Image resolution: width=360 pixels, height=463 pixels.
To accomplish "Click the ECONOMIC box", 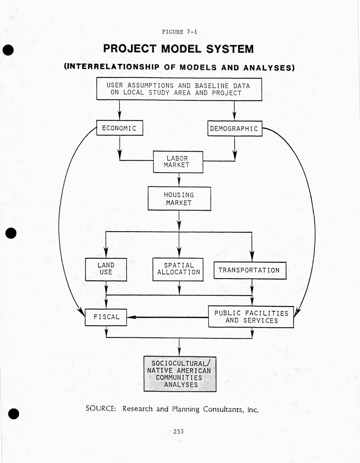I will [x=120, y=128].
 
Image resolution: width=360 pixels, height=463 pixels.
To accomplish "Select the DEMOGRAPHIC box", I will [x=234, y=129].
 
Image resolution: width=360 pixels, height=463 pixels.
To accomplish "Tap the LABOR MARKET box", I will [x=178, y=162].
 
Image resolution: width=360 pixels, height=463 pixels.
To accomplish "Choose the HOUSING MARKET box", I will [x=179, y=199].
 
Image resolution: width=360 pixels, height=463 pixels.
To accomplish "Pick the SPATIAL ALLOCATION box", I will [x=178, y=269].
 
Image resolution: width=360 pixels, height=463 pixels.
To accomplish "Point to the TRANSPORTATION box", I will [x=250, y=270].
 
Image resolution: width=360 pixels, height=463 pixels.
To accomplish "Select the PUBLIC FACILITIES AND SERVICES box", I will [x=251, y=317].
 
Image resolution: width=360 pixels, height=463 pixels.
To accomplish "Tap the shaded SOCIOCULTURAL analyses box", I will [x=180, y=374].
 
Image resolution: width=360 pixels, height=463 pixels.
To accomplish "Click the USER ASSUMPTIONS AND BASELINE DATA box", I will [x=179, y=89].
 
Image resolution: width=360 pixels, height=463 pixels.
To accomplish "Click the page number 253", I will [x=178, y=431].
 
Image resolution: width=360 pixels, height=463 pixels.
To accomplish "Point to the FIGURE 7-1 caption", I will [x=179, y=32].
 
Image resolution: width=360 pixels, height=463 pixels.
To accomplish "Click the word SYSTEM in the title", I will [x=230, y=49].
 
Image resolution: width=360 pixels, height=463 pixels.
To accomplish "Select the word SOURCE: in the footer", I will [x=101, y=409].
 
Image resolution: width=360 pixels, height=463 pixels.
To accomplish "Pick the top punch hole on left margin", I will [x=8, y=50].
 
